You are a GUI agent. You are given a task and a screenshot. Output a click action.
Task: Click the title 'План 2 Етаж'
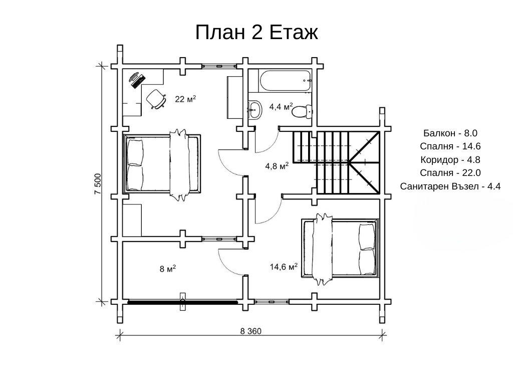[x=256, y=32]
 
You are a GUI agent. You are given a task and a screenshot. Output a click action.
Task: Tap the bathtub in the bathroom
[x=285, y=81]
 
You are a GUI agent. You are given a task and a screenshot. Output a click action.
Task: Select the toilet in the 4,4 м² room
[x=301, y=111]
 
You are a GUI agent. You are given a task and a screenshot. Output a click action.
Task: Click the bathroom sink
[x=254, y=110]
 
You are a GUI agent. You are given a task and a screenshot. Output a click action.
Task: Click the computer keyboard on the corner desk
[x=138, y=82]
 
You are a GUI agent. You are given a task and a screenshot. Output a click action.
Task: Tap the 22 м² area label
[x=185, y=99]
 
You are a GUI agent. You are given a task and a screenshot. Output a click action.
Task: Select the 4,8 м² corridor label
[x=277, y=166]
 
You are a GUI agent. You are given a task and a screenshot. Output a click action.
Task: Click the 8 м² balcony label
[x=168, y=269]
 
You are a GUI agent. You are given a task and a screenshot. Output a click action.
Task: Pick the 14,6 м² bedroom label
[x=284, y=267]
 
